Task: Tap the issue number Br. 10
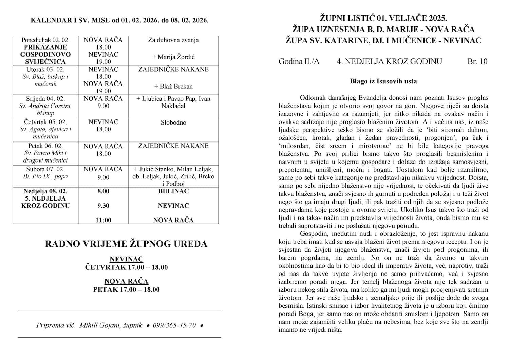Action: coord(477,61)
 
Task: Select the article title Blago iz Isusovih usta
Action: coord(383,81)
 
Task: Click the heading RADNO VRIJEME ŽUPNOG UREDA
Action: coord(126,244)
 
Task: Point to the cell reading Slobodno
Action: coord(173,122)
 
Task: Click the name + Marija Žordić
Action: coord(173,57)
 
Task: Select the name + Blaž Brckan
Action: coord(173,86)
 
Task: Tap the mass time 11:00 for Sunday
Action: coord(103,220)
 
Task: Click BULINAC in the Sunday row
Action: coord(173,191)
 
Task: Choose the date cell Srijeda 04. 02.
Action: coord(45,99)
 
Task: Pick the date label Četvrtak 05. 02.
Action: coord(45,122)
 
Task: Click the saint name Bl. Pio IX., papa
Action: coord(45,176)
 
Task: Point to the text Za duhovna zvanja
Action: coord(173,40)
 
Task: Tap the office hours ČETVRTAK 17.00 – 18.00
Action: coord(126,267)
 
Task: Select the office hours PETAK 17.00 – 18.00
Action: coord(126,290)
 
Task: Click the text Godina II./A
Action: coord(299,61)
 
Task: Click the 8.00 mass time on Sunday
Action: coord(103,191)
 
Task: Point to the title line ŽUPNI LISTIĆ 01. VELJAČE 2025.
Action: coord(383,18)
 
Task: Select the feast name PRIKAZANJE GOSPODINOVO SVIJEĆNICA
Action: coord(45,54)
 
